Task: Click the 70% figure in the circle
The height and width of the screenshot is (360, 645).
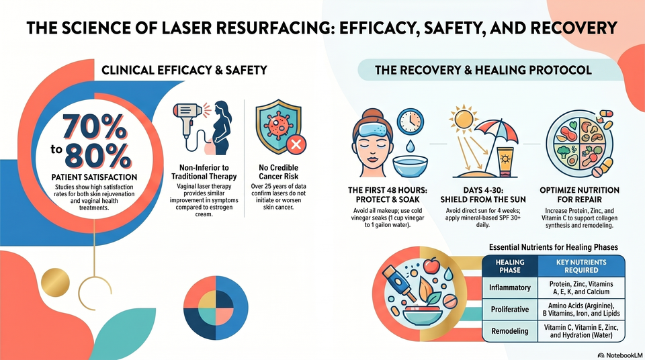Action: pos(95,127)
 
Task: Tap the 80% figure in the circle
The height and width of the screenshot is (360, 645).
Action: pos(98,156)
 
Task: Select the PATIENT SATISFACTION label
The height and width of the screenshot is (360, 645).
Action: pos(94,177)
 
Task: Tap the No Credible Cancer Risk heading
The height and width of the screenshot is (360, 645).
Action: pos(278,172)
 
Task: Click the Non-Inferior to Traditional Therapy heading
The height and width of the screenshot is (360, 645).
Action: pos(204,172)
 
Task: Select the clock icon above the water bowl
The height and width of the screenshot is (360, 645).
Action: pos(410,122)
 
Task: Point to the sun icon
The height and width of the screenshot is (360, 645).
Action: pos(464,119)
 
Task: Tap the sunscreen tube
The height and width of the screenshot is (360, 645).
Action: pos(505,162)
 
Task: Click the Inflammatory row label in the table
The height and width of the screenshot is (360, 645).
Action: pos(510,287)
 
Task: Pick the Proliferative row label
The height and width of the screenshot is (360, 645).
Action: pos(510,310)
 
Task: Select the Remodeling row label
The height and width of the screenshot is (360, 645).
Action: pos(510,331)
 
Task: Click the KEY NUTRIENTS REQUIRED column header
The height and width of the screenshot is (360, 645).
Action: pos(581,266)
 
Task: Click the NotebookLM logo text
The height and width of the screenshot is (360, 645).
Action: pos(620,355)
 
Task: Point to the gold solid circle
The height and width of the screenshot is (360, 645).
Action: pos(55,282)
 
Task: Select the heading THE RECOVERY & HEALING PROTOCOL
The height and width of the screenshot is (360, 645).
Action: pos(483,70)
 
